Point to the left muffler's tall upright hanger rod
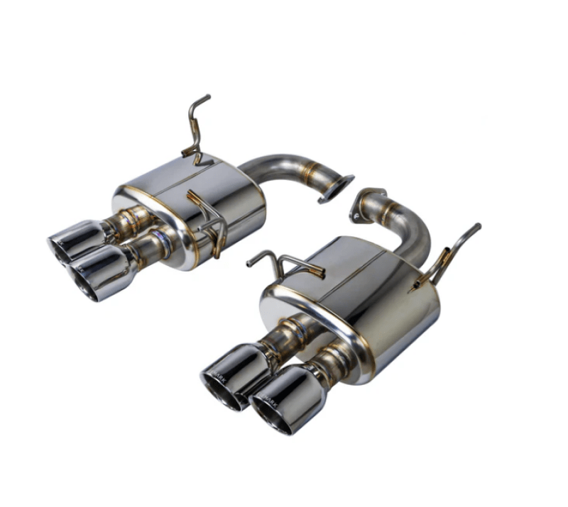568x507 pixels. [195, 124]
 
